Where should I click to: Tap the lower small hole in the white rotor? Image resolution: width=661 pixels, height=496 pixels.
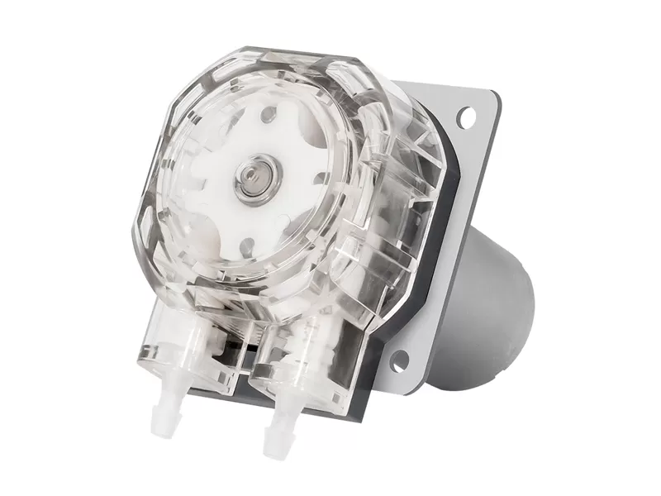(246, 245)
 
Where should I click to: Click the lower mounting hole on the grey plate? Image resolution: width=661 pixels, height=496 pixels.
(401, 359)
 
